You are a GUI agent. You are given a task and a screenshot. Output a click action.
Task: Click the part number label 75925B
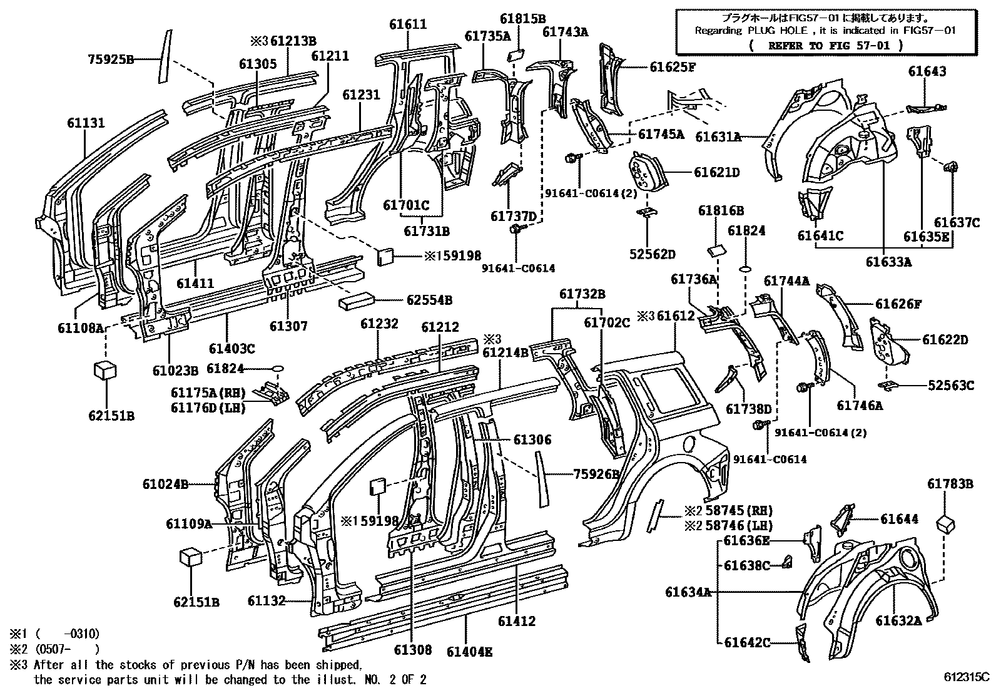(x=111, y=59)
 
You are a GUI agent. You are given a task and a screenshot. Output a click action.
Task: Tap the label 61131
(x=86, y=123)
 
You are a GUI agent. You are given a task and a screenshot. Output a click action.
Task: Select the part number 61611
(x=408, y=24)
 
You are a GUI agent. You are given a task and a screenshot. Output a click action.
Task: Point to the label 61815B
(x=523, y=19)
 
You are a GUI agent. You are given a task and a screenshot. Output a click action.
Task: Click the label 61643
(x=927, y=71)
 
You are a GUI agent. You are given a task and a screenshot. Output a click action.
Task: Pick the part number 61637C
(x=957, y=222)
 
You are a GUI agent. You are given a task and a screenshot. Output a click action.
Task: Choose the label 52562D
(x=653, y=254)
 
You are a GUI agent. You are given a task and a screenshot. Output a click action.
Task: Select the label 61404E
(x=470, y=652)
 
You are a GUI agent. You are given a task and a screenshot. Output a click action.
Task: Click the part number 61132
(x=267, y=601)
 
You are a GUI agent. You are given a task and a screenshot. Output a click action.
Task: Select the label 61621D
(x=717, y=172)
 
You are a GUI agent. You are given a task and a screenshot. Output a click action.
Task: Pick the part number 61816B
(x=721, y=210)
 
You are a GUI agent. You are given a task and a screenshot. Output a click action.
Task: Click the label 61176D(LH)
(x=208, y=407)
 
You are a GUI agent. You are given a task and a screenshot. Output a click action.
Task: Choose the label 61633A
(x=888, y=262)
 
